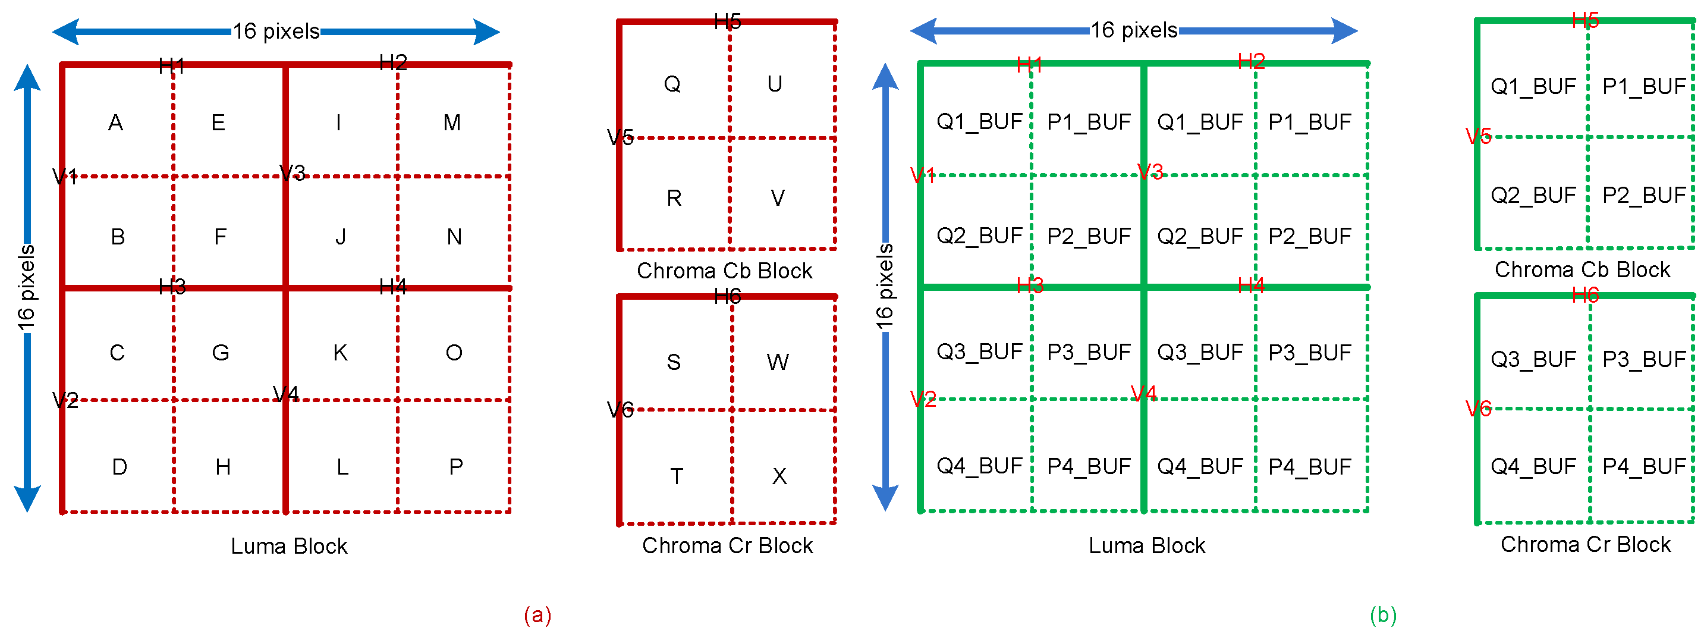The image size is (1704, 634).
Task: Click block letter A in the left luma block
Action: [116, 123]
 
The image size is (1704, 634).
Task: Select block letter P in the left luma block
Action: [456, 467]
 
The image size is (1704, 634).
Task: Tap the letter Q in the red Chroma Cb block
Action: [672, 84]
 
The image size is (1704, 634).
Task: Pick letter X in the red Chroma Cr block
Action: [779, 476]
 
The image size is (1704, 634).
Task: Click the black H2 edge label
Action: [393, 62]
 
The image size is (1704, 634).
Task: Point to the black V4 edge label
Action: [286, 394]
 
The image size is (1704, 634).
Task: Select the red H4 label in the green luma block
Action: [1250, 286]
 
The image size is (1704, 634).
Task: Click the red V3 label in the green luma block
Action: [1150, 172]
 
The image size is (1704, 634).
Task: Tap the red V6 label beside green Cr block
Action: [1479, 409]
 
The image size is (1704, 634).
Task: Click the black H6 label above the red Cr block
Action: [728, 297]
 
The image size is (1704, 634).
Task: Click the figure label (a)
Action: [537, 615]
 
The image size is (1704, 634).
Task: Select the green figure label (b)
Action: [1383, 615]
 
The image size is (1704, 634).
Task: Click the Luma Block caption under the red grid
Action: [289, 546]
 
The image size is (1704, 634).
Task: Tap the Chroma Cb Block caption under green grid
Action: [1582, 269]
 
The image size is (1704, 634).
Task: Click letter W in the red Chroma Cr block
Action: [777, 362]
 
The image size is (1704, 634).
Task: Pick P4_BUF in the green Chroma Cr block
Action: [1644, 466]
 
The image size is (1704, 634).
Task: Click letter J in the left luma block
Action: [340, 237]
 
